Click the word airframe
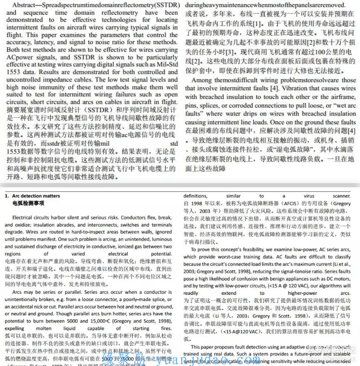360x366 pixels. pyautogui.click(x=343, y=97)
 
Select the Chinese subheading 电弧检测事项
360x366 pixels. pyautogui.click(x=28, y=203)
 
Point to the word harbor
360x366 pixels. pyautogui.click(x=60, y=217)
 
